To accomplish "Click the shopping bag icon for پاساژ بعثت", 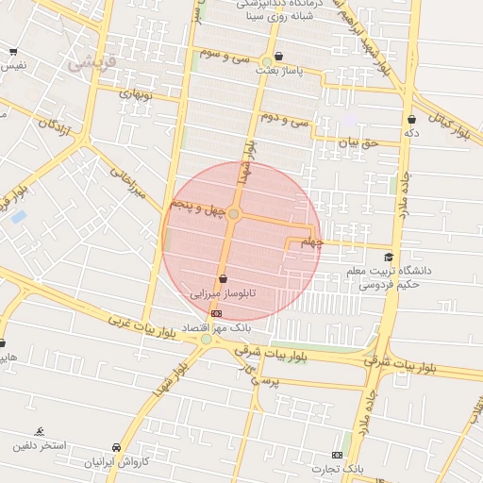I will click(278, 57).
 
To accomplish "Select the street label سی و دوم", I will click(286, 119).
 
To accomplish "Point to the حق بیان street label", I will click(358, 142).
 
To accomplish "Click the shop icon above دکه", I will click(412, 120).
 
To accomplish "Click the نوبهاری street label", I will click(133, 95).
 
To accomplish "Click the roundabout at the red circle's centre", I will click(234, 215).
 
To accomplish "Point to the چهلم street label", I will click(310, 243).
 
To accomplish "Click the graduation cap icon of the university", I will click(389, 257).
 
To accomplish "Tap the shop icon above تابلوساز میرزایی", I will click(223, 278).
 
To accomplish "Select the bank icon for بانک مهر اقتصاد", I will click(217, 313).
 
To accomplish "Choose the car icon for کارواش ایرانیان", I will click(116, 447).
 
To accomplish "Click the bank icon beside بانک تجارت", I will click(338, 455).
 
